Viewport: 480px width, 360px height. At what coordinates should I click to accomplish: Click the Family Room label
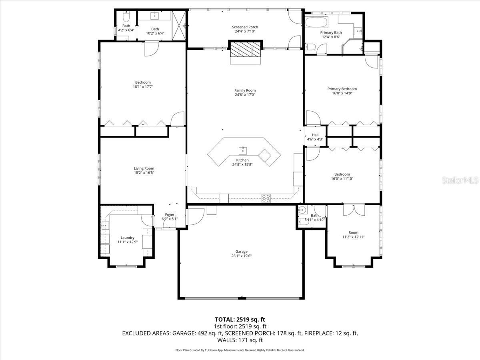[x=245, y=90]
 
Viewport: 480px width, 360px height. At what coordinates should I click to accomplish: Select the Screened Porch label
[x=245, y=27]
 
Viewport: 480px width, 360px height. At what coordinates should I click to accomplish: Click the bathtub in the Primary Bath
[x=316, y=23]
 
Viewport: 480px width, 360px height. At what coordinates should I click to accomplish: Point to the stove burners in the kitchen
[x=266, y=198]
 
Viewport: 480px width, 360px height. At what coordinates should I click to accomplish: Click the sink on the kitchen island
[x=243, y=151]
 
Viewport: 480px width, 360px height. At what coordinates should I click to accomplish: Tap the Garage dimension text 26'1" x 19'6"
[x=242, y=256]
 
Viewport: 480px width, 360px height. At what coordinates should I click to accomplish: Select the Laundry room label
[x=128, y=238]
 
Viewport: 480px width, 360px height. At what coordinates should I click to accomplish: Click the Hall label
[x=315, y=135]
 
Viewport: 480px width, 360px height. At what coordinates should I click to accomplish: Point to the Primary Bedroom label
[x=342, y=89]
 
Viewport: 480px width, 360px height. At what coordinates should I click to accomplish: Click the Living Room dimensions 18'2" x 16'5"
[x=144, y=173]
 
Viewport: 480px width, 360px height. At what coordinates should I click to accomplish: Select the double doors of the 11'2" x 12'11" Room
[x=354, y=210]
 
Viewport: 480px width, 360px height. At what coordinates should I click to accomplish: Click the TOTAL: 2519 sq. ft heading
[x=240, y=320]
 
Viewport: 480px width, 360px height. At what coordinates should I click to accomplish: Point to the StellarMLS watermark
[x=460, y=180]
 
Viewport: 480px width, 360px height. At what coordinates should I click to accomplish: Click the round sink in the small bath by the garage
[x=303, y=210]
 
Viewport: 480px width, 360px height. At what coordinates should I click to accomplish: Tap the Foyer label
[x=170, y=215]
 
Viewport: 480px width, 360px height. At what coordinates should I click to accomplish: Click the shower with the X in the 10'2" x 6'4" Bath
[x=179, y=26]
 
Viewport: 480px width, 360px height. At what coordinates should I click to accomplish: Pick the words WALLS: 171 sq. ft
[x=240, y=340]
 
